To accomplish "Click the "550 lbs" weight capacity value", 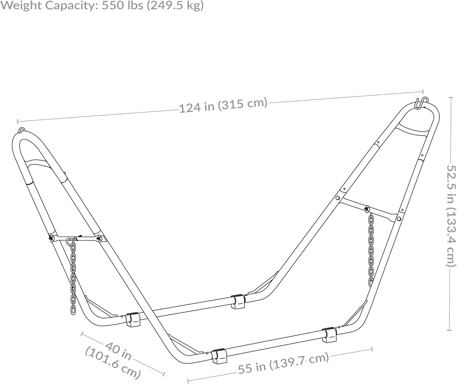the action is click(122, 5).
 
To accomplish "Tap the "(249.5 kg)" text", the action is click(175, 6).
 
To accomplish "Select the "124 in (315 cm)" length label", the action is click(223, 105).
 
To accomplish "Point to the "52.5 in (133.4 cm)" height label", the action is click(451, 216).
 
